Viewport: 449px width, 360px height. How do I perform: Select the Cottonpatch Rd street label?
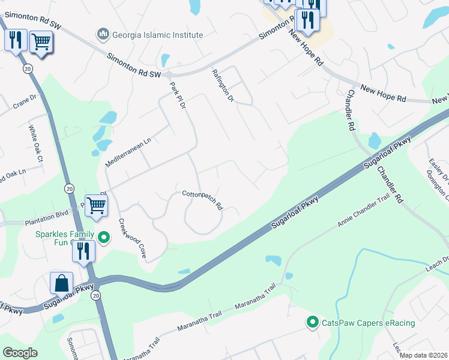(x=203, y=199)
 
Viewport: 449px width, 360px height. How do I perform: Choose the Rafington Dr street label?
(x=222, y=85)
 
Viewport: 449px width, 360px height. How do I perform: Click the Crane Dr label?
(x=25, y=102)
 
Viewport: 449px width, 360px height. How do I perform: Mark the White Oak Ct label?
(x=36, y=143)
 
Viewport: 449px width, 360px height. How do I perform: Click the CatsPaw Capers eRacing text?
(x=369, y=323)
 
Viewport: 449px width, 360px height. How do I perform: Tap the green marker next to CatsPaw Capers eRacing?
(x=312, y=323)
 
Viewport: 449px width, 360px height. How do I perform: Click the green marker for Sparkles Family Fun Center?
(x=104, y=238)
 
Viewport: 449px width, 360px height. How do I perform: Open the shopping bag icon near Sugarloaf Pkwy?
(x=62, y=283)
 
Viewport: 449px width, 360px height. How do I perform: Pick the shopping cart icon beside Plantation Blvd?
(x=96, y=205)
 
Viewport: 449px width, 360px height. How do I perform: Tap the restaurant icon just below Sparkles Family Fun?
(x=83, y=251)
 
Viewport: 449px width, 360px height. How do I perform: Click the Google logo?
(x=20, y=353)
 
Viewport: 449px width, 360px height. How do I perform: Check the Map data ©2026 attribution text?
(x=423, y=355)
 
